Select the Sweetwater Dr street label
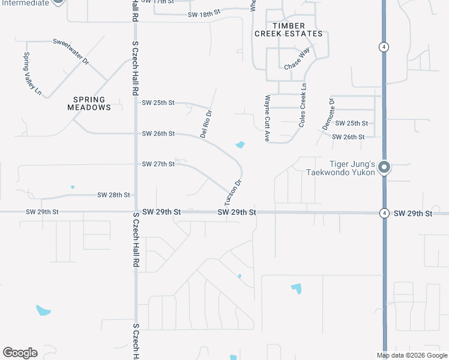point(71,52)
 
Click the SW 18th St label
point(205,14)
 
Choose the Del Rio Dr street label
point(206,123)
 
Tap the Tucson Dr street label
point(233,191)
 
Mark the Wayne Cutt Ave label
point(268,118)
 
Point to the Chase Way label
point(297,62)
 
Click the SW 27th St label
point(158,164)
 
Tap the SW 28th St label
point(114,195)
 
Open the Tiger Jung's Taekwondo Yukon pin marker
point(384,167)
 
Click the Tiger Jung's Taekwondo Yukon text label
point(344,168)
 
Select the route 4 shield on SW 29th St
point(384,213)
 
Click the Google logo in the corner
point(20,353)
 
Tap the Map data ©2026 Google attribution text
point(411,355)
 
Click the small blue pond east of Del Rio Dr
point(240,145)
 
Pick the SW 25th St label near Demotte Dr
point(351,123)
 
